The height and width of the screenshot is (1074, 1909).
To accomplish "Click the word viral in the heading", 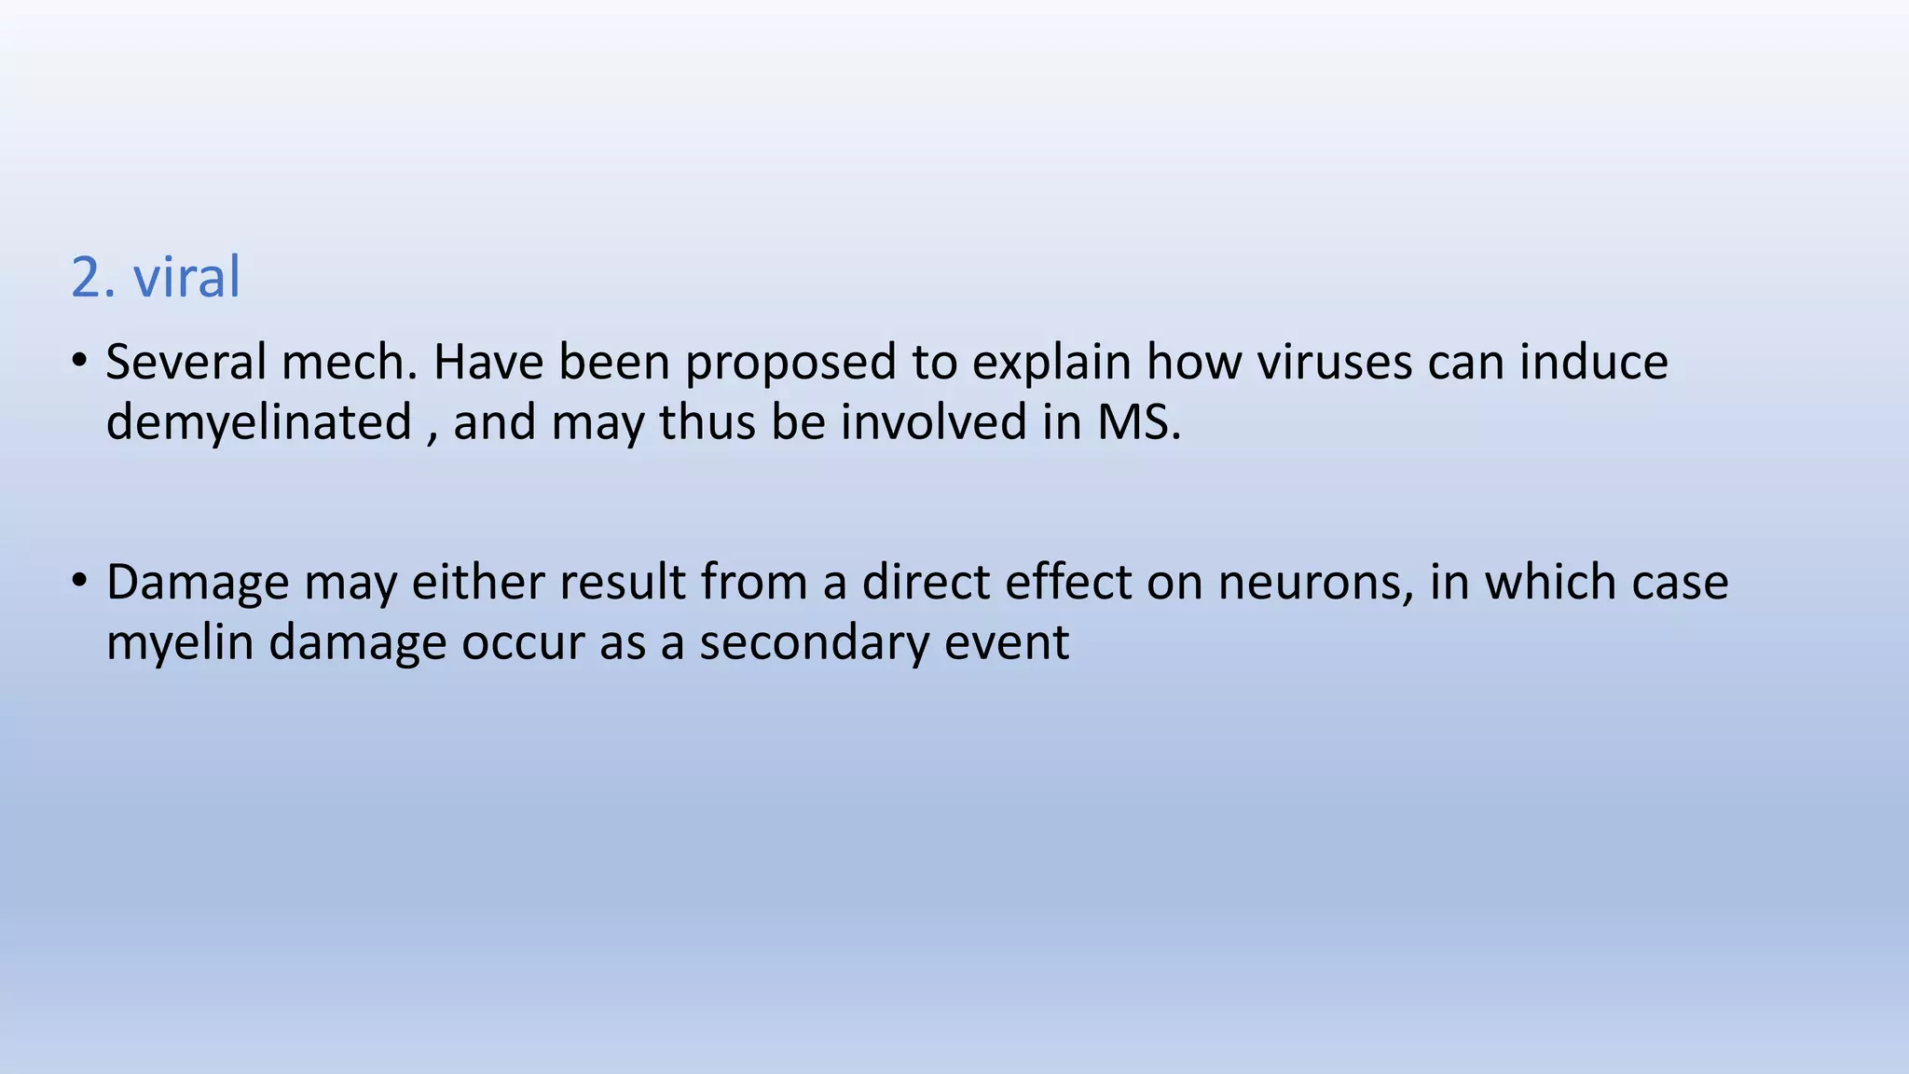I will (186, 278).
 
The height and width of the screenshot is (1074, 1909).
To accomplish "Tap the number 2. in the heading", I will (93, 278).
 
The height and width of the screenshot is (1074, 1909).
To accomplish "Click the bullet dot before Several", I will (80, 360).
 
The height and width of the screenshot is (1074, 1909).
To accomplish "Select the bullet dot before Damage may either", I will (80, 580).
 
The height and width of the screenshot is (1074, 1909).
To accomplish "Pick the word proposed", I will (790, 364).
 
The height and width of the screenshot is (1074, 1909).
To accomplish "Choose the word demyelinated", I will (259, 423).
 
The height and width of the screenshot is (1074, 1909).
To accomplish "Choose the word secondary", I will (814, 643).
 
